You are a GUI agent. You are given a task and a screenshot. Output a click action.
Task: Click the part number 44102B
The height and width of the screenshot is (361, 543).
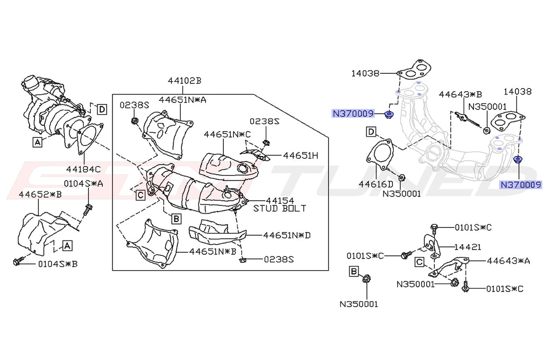pos(185,81)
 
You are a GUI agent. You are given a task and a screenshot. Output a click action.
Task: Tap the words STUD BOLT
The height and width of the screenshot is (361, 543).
pos(279,209)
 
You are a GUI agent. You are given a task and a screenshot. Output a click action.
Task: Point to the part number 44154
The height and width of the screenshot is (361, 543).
pos(279,200)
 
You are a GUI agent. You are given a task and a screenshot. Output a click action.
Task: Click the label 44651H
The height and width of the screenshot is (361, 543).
pos(301,156)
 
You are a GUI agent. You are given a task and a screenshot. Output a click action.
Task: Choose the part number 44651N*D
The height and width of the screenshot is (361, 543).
pos(287,235)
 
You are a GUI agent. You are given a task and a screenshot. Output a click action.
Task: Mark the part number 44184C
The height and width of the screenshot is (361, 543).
pos(83,169)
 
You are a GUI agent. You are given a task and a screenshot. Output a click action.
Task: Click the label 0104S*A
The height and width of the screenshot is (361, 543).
pos(84,183)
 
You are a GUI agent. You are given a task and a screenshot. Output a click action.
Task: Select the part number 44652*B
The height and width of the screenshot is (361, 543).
pos(40,194)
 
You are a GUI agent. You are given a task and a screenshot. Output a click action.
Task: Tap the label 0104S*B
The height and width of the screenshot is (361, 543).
pos(57,263)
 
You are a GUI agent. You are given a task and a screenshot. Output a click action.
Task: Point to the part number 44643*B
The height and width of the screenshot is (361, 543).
pos(460,94)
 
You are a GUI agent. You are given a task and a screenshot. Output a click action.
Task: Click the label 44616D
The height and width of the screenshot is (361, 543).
pos(375,184)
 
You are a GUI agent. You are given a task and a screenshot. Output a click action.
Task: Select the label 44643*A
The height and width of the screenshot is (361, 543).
pos(509,260)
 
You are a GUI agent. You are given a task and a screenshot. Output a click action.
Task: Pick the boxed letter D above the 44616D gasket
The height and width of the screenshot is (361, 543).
pos(371,131)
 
